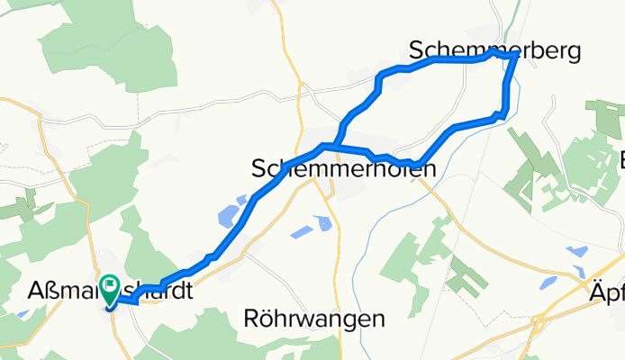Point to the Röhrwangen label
coord(314,318)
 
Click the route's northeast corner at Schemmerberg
coord(514,56)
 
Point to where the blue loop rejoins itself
coord(335,144)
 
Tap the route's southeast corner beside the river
coord(503,113)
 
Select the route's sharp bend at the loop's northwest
coord(377,78)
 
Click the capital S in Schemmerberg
coord(416,49)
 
